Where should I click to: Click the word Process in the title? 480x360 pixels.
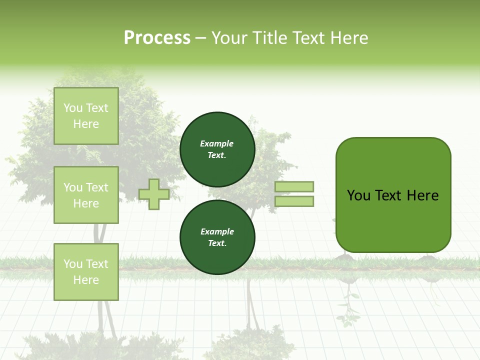(157, 38)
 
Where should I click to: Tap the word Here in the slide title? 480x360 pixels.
(348, 38)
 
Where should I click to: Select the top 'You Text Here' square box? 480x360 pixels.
(86, 116)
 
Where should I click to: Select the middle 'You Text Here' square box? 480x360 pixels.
(86, 195)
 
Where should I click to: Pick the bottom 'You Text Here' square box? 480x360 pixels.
(86, 272)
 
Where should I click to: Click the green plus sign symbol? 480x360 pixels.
(154, 194)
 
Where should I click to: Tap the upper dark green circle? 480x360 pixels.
(217, 149)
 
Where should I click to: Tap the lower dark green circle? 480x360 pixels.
(217, 237)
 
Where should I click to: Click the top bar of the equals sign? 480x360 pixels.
(294, 186)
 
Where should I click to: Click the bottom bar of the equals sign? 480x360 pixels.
(294, 201)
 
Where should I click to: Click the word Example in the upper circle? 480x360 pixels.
(217, 143)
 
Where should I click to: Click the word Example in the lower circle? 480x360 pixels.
(217, 231)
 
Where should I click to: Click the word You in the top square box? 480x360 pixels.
(73, 108)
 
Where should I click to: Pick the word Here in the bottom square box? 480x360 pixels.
(86, 280)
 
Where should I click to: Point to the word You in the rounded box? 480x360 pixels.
(358, 195)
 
